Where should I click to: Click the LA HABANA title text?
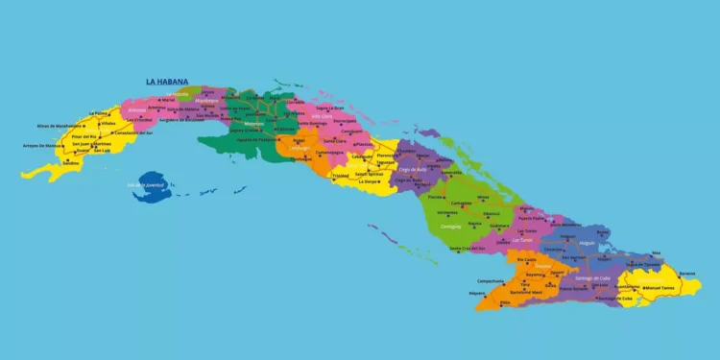[167, 83]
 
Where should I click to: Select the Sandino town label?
[72, 162]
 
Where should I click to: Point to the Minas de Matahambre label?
[58, 126]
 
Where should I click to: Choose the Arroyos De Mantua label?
[42, 146]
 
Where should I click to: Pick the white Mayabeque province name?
[206, 100]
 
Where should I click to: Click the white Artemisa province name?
[141, 108]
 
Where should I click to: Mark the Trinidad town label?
[340, 176]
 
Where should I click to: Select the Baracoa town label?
[687, 273]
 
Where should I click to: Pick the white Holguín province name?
[588, 244]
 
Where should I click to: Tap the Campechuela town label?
[491, 280]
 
